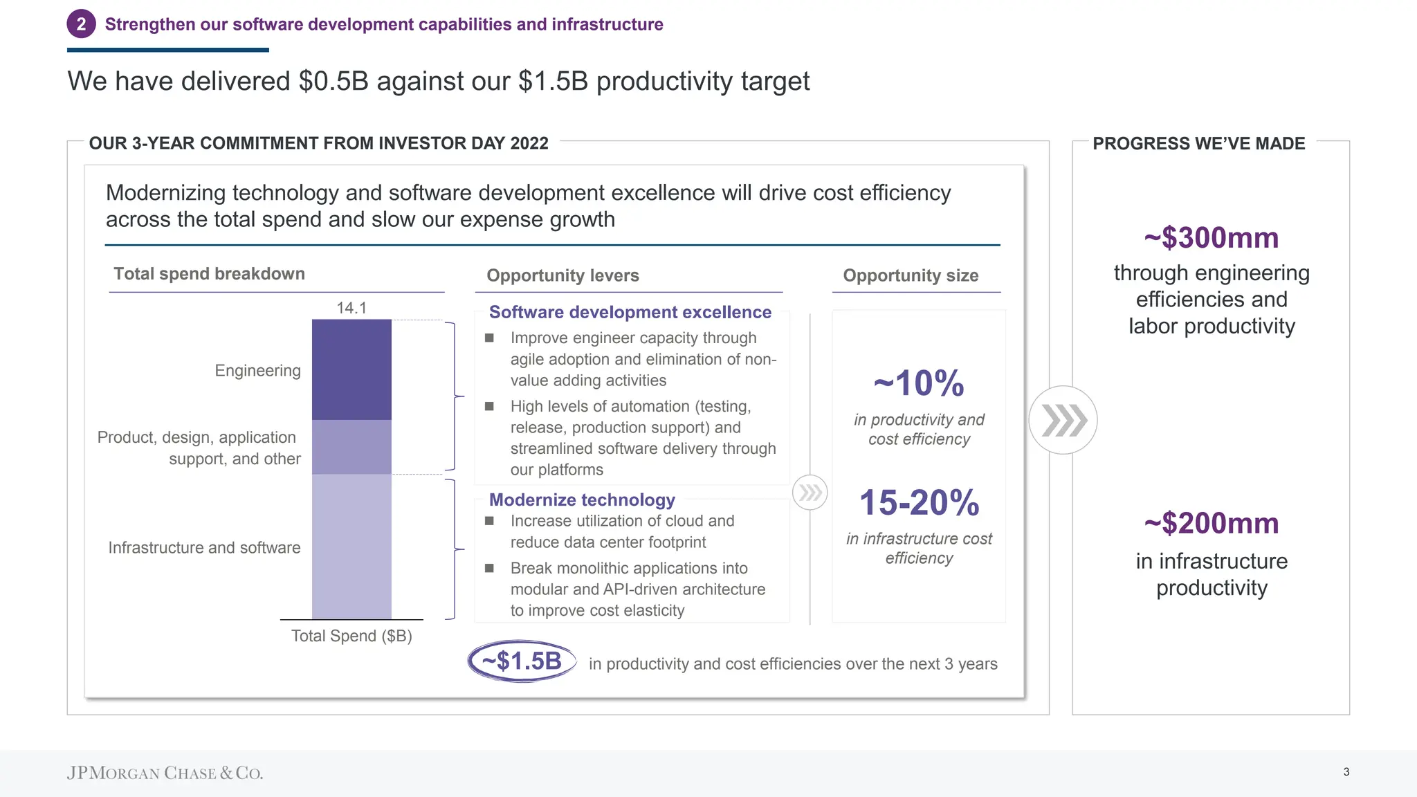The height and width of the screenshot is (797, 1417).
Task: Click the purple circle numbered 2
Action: click(81, 24)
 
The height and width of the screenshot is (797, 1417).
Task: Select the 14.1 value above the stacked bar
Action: click(351, 308)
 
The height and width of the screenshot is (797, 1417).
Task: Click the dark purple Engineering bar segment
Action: click(351, 369)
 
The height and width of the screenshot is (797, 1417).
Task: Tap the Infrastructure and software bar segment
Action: click(351, 547)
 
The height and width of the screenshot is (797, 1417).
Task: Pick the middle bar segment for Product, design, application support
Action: click(351, 447)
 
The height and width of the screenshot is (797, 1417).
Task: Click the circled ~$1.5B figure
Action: click(522, 661)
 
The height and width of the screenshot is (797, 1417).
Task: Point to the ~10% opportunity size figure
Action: click(919, 383)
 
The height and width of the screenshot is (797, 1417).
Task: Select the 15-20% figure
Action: click(919, 503)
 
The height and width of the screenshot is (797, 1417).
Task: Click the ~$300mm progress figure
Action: click(1211, 238)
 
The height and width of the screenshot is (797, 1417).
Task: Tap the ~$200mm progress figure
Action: click(1211, 524)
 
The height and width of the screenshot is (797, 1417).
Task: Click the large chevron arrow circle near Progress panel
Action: click(1063, 420)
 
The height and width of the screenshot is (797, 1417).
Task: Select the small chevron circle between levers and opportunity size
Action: click(810, 493)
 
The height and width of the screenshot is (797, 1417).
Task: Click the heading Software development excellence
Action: click(630, 313)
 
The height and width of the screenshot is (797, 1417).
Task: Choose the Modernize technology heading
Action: click(582, 500)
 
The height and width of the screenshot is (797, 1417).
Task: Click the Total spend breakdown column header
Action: click(209, 274)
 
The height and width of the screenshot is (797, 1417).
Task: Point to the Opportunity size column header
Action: click(911, 275)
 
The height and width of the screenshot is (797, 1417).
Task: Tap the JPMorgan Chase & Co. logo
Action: click(165, 773)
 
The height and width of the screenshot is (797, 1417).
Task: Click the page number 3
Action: click(1346, 772)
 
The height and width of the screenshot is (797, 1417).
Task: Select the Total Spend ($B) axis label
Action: click(351, 636)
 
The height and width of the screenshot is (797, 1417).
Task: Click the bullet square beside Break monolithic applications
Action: click(489, 568)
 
